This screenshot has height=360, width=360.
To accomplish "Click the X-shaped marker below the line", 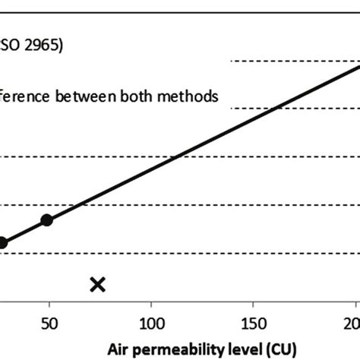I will [x=97, y=285].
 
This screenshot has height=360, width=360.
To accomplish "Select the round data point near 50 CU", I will [x=46, y=220].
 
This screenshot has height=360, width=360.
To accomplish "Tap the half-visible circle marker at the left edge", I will [x=2, y=243].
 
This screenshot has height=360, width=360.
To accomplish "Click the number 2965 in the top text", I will [x=41, y=43].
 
